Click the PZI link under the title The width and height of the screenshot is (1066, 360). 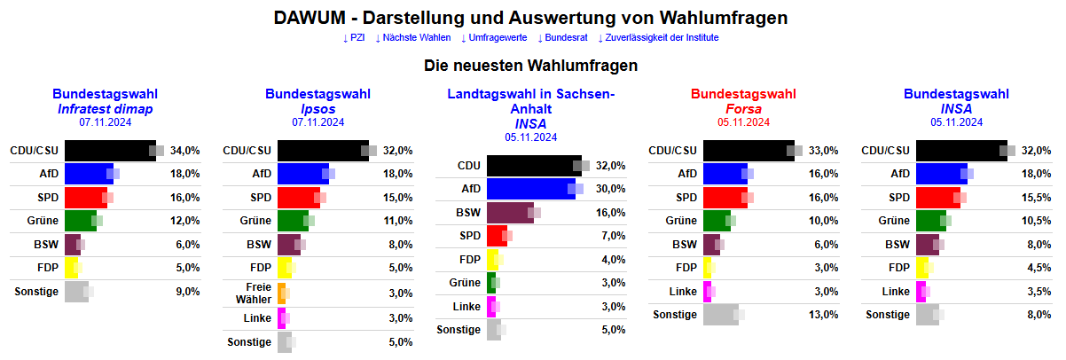[354, 38]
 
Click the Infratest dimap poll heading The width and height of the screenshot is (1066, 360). [105, 108]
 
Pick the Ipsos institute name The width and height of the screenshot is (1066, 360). [317, 108]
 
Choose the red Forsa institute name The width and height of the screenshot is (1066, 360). [743, 108]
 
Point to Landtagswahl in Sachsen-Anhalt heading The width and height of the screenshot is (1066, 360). [530, 101]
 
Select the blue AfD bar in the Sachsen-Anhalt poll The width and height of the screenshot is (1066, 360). [530, 189]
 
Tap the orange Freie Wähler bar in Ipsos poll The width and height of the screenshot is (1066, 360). [281, 293]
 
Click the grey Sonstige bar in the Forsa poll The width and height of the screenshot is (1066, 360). [720, 315]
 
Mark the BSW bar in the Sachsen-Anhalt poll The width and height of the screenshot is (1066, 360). [510, 212]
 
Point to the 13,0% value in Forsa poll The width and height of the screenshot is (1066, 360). [820, 315]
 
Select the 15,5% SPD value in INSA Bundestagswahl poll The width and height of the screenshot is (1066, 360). [1033, 197]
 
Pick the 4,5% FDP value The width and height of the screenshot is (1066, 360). [1033, 268]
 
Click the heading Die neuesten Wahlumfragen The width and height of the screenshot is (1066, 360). [531, 66]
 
